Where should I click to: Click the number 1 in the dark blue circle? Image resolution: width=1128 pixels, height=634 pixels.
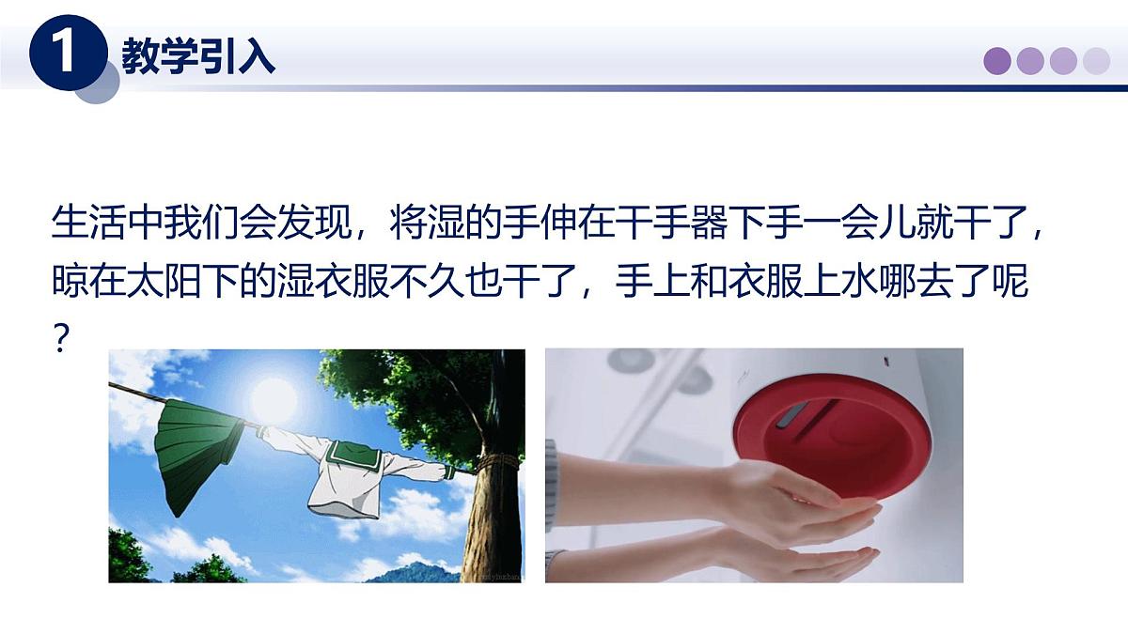tap(65, 54)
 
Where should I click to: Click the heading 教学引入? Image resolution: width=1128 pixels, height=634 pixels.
tap(198, 57)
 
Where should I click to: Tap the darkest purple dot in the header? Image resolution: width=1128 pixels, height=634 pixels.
tap(997, 61)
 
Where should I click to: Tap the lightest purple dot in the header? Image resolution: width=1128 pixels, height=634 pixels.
tap(1096, 61)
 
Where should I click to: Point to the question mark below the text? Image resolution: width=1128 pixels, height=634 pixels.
tap(61, 338)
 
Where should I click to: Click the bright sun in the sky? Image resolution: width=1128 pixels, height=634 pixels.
tap(273, 398)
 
